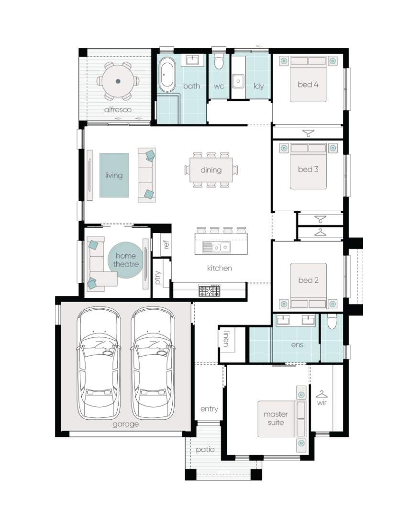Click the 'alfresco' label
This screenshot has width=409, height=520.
point(118,109)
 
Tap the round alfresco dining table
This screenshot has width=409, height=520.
point(118,81)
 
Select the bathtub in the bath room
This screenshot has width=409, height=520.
point(166,75)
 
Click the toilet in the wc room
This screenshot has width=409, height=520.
point(219,61)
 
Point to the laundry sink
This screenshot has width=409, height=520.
point(238,81)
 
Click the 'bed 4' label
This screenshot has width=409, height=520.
point(308,85)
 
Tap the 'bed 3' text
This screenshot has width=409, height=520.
point(308,169)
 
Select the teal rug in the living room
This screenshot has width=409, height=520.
point(114,175)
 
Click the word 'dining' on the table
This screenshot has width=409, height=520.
point(211,170)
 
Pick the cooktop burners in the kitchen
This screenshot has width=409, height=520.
point(210,291)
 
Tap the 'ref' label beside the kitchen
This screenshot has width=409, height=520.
point(166,245)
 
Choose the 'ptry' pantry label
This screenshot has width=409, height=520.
point(158,278)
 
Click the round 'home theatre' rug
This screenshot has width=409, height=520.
point(126,260)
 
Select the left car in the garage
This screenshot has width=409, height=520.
point(99,363)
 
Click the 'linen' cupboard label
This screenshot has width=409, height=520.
point(226,338)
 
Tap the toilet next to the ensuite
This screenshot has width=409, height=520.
point(332,321)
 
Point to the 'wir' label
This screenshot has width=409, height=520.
point(321,402)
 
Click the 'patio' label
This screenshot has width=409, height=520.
point(205,450)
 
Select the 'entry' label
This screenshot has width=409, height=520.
point(209,409)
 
